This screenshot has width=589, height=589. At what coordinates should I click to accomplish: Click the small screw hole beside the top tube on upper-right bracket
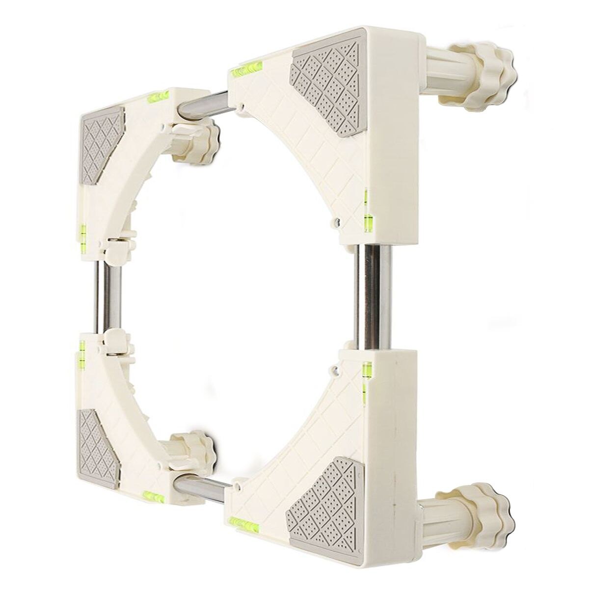(x=242, y=105)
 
